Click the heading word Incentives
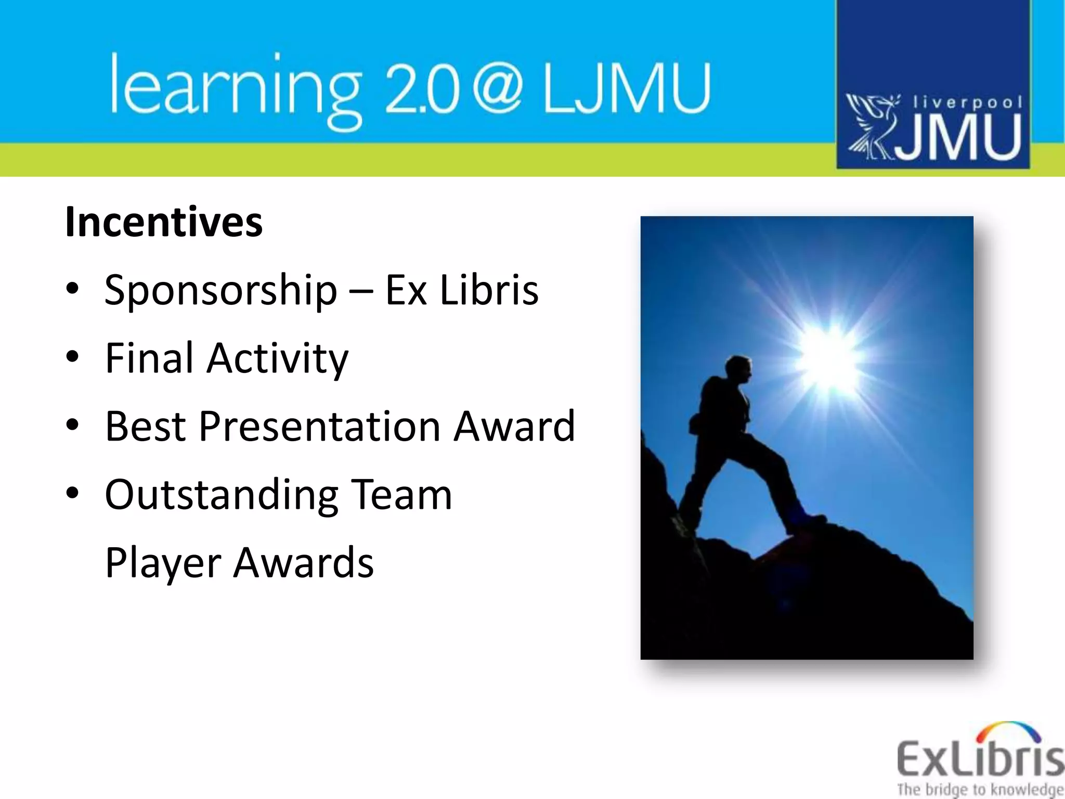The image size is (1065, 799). coord(164,223)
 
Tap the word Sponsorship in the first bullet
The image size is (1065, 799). coord(221,290)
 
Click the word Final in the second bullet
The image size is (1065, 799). coord(149,358)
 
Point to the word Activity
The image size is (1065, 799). coord(278,359)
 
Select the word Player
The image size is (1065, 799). coord(163,563)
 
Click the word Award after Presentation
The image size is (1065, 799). coord(514,427)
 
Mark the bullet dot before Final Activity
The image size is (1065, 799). coord(73,357)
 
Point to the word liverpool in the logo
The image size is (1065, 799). coord(967,102)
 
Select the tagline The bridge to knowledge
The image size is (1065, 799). coord(980,789)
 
